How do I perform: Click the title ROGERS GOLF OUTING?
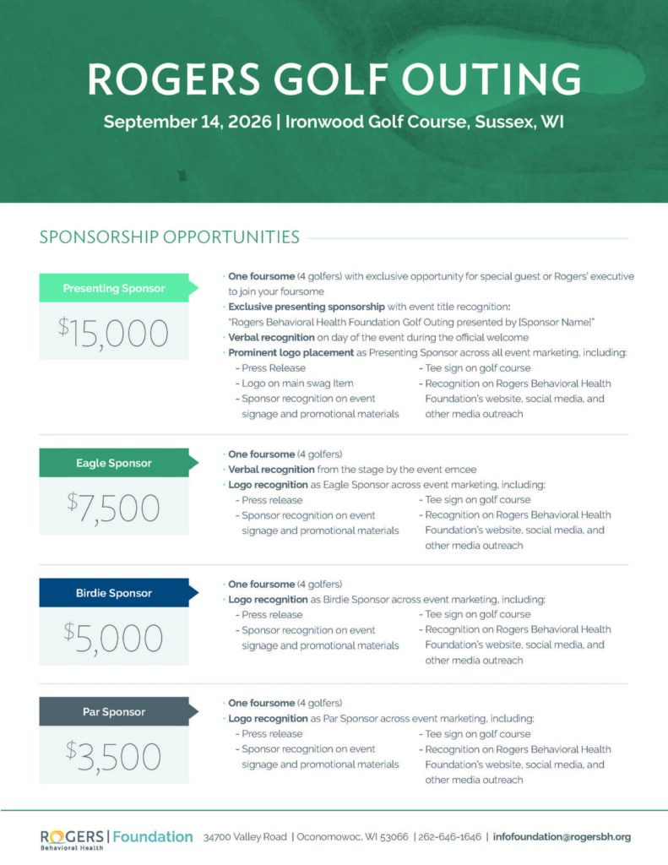click(334, 79)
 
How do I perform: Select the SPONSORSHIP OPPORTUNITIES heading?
click(169, 237)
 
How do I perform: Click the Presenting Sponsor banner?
click(114, 288)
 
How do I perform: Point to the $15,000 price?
click(114, 334)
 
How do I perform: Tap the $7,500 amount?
click(114, 508)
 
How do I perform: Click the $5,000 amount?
click(114, 638)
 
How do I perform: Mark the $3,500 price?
click(114, 756)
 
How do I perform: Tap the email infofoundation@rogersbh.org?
click(562, 837)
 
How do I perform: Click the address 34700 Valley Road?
click(246, 837)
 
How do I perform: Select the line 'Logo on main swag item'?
click(297, 383)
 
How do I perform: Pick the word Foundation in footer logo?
click(153, 836)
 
